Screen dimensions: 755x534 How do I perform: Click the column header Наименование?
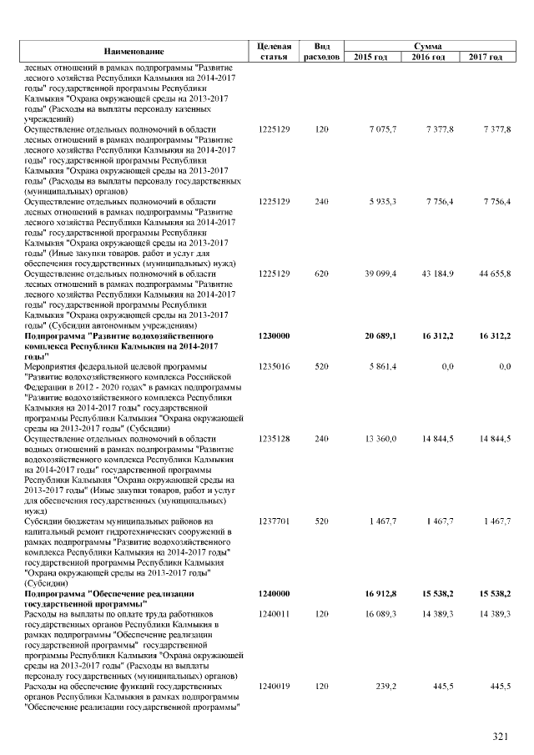click(134, 51)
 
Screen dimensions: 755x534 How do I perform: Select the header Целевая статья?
click(275, 51)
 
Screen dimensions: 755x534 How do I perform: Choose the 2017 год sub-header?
click(485, 57)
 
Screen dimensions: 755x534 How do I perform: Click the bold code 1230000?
click(274, 335)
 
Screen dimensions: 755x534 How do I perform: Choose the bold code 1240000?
click(274, 593)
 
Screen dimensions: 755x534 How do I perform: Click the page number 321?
click(501, 736)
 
